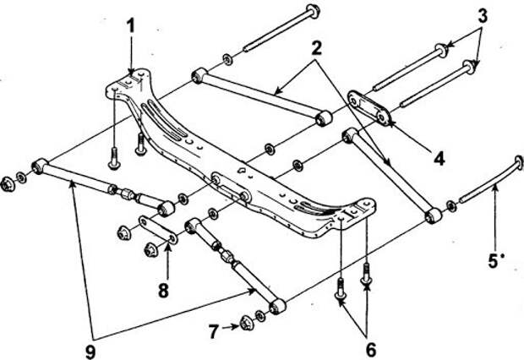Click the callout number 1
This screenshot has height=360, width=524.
pyautogui.click(x=131, y=25)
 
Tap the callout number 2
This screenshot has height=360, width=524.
pyautogui.click(x=316, y=48)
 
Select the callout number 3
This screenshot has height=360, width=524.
pyautogui.click(x=483, y=15)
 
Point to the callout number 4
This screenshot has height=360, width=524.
pyautogui.click(x=439, y=158)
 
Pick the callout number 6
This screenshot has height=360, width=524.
pyautogui.click(x=371, y=350)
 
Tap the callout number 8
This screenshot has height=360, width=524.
pyautogui.click(x=163, y=291)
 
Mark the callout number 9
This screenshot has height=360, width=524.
pyautogui.click(x=90, y=352)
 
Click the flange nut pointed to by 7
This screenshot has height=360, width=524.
pyautogui.click(x=246, y=323)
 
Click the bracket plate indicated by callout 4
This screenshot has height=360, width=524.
pyautogui.click(x=369, y=107)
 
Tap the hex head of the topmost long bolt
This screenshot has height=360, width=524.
pyautogui.click(x=314, y=11)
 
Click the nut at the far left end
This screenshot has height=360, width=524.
pyautogui.click(x=7, y=184)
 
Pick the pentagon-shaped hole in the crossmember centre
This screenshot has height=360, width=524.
pyautogui.click(x=241, y=170)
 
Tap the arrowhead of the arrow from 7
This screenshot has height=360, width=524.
pyautogui.click(x=237, y=326)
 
